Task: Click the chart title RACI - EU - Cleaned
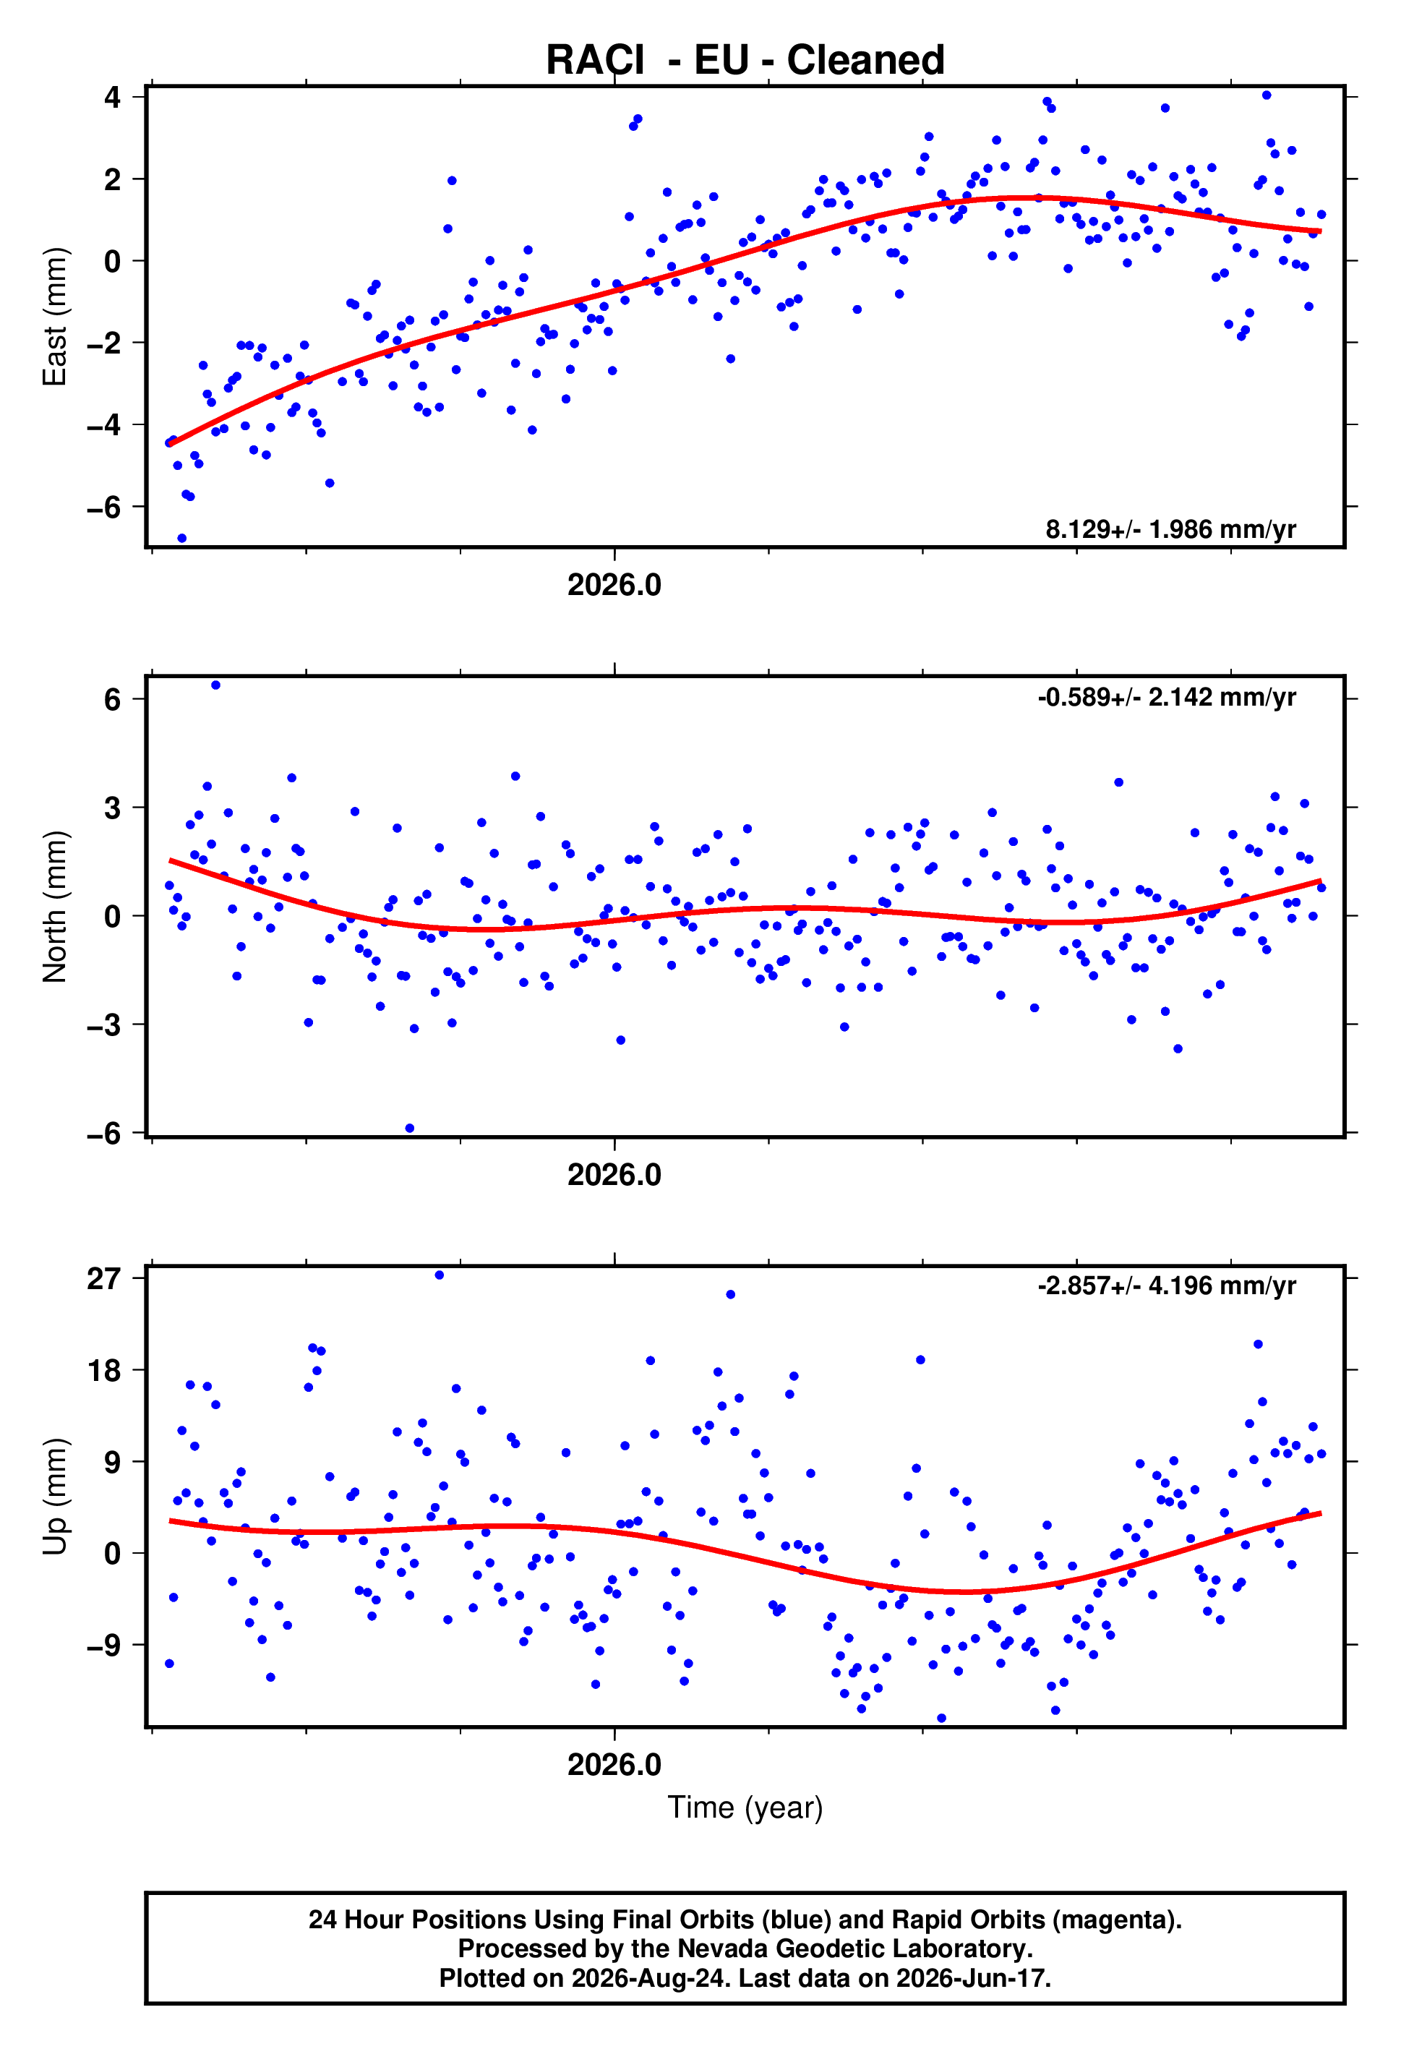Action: [745, 60]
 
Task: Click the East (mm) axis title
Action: [55, 317]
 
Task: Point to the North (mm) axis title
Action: [55, 907]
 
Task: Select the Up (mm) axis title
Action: [55, 1496]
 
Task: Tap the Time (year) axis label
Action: [745, 1808]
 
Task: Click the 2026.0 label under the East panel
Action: [614, 584]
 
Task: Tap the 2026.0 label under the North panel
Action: [614, 1174]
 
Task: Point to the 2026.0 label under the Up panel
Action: [614, 1764]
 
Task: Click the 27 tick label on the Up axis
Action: [103, 1278]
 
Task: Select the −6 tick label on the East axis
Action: [103, 507]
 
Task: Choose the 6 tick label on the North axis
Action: [112, 699]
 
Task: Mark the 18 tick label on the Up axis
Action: [103, 1371]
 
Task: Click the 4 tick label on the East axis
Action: [112, 96]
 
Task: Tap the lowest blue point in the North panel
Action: [409, 1129]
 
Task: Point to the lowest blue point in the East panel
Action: [181, 538]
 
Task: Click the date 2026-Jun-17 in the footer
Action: [972, 1978]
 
